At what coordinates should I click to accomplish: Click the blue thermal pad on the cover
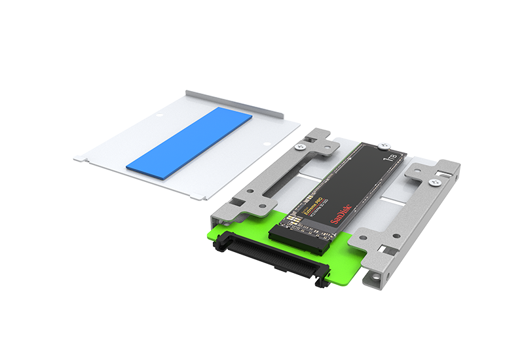pyautogui.click(x=189, y=140)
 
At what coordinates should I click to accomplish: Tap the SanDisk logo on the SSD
pyautogui.click(x=342, y=215)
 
